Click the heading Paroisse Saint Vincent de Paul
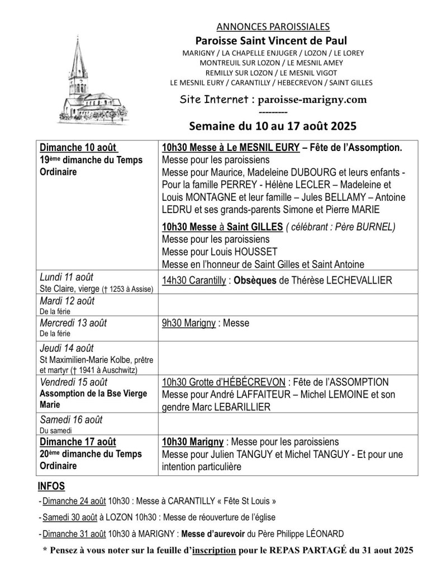pyautogui.click(x=271, y=40)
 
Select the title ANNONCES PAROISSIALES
pyautogui.click(x=272, y=26)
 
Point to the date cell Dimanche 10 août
pyautogui.click(x=78, y=148)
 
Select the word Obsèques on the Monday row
pyautogui.click(x=252, y=280)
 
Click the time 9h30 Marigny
pyautogui.click(x=189, y=323)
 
